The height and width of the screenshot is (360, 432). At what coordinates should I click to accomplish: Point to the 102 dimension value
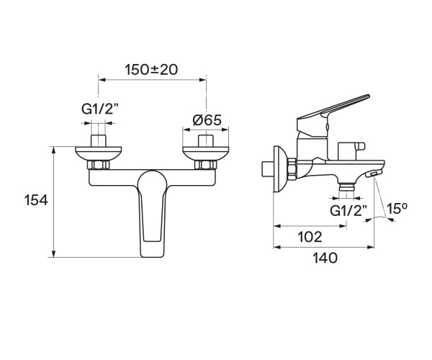click(x=308, y=236)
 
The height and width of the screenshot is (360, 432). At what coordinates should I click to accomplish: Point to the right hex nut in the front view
click(x=206, y=167)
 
